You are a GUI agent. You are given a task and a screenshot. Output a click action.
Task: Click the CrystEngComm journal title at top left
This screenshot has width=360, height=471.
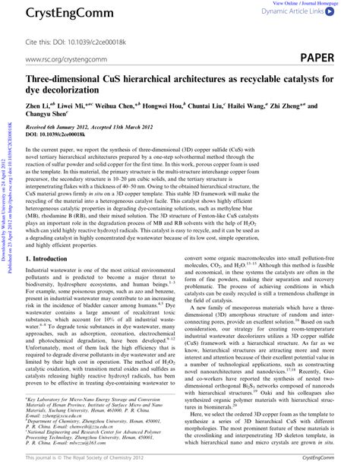[53, 12]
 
